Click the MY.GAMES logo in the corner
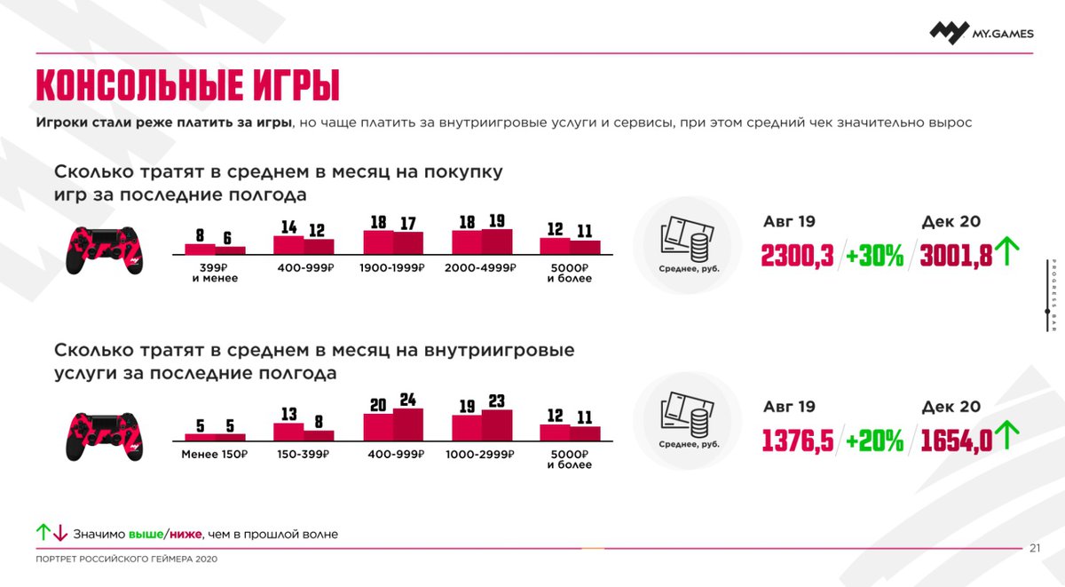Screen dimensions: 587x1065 [981, 32]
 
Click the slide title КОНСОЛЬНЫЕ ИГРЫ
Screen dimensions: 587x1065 [187, 86]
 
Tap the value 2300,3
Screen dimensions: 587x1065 [797, 255]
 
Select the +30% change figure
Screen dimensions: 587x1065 [873, 255]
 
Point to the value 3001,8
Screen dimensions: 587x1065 [957, 255]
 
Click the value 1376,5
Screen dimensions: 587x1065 [797, 440]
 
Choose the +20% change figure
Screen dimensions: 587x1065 [873, 440]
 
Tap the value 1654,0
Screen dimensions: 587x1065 [957, 440]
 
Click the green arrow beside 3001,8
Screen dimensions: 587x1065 [1006, 252]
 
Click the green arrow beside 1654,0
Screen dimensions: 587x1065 [1006, 437]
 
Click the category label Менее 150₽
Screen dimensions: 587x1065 [214, 454]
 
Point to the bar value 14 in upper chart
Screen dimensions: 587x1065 [288, 227]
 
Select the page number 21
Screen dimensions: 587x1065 [1035, 548]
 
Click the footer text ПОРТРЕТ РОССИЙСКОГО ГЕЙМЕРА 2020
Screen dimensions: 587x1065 [126, 559]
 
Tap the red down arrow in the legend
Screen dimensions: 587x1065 [60, 533]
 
